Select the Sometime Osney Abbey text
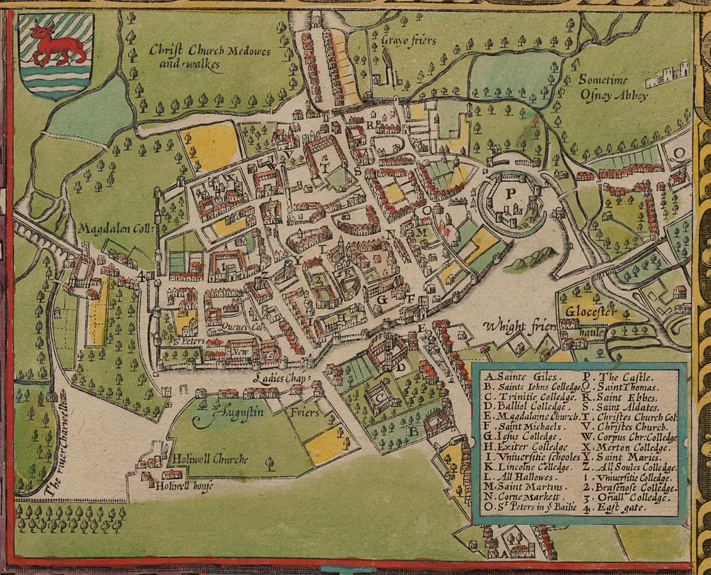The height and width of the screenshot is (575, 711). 614,87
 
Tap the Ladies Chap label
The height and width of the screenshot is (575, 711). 280,378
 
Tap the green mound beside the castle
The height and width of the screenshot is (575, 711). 530,260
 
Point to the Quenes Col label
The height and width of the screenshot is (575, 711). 244,326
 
